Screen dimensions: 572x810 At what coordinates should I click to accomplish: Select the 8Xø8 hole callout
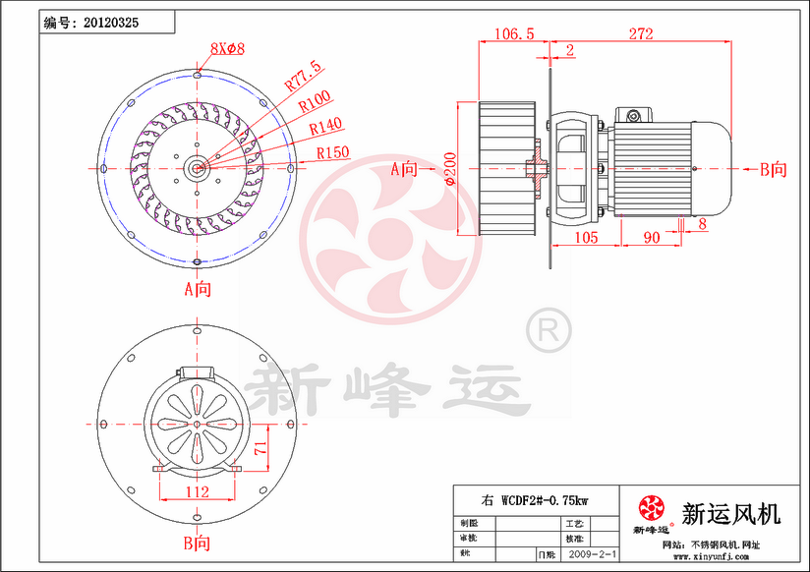(x=227, y=48)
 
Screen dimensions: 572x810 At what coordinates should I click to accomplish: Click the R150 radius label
(x=333, y=152)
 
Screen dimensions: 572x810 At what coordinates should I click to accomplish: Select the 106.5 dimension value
(x=512, y=33)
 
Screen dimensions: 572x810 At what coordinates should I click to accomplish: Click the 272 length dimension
(x=640, y=33)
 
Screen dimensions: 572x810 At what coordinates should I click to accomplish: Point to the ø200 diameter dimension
(x=449, y=168)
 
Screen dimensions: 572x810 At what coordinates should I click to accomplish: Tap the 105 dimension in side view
(x=586, y=237)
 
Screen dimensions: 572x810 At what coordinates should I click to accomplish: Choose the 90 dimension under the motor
(x=651, y=237)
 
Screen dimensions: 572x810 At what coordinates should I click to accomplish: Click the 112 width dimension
(x=198, y=491)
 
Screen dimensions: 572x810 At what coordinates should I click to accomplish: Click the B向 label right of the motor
(x=773, y=169)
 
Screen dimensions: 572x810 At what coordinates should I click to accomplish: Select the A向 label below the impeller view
(x=198, y=289)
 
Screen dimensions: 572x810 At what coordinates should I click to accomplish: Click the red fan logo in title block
(x=651, y=508)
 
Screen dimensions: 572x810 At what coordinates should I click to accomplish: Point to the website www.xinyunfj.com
(x=708, y=556)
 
